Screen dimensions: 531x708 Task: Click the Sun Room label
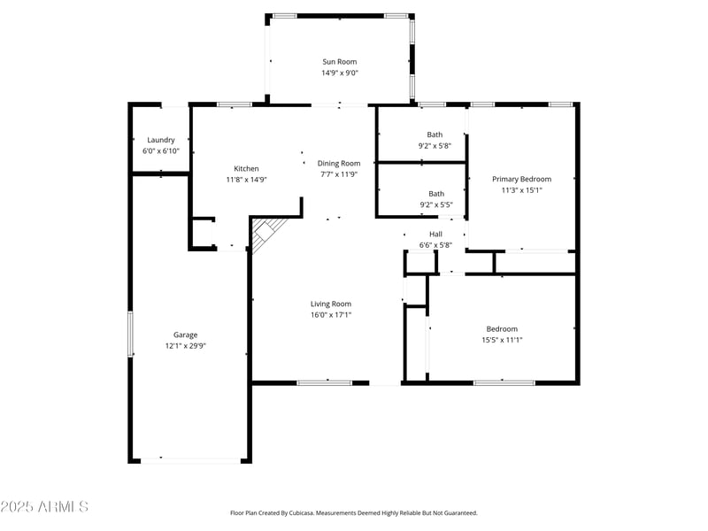tap(340, 62)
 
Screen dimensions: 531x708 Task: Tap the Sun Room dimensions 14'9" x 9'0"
tap(340, 73)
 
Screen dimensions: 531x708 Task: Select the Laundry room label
tap(161, 140)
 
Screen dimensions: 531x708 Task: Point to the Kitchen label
tap(246, 168)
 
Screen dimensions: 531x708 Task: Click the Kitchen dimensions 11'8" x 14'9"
tap(246, 180)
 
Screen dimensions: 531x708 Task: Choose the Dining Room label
tap(339, 163)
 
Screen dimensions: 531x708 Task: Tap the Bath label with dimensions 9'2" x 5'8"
tap(435, 135)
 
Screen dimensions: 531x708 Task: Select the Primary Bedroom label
tap(521, 179)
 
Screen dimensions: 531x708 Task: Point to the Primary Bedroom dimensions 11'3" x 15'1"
tap(521, 190)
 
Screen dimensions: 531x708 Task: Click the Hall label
tap(435, 235)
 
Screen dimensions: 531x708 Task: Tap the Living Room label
tap(331, 304)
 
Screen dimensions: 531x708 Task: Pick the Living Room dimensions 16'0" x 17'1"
tap(331, 315)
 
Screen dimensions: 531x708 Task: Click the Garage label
tap(185, 335)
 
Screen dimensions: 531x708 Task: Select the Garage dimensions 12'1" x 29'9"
tap(185, 346)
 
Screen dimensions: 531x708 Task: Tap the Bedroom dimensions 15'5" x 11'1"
tap(501, 340)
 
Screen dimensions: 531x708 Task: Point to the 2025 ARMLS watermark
tap(44, 507)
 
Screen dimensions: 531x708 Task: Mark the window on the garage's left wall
tap(130, 334)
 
